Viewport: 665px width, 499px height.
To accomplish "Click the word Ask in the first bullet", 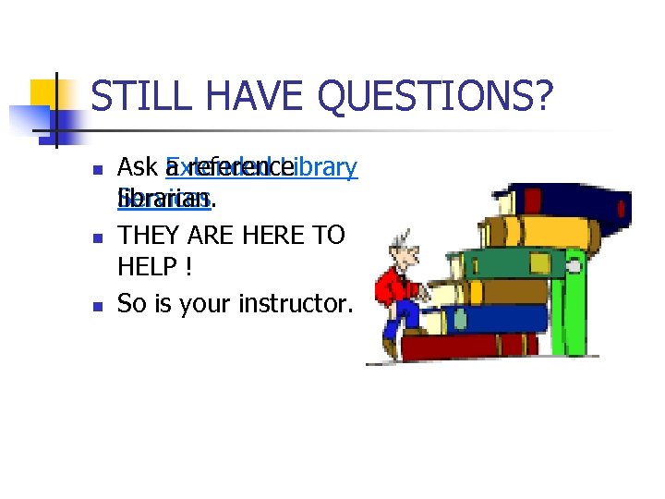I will [137, 167].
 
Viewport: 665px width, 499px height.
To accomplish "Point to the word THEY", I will [151, 235].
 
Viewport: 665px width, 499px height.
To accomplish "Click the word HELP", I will [147, 268].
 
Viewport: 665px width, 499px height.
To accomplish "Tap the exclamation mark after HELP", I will [188, 268].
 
